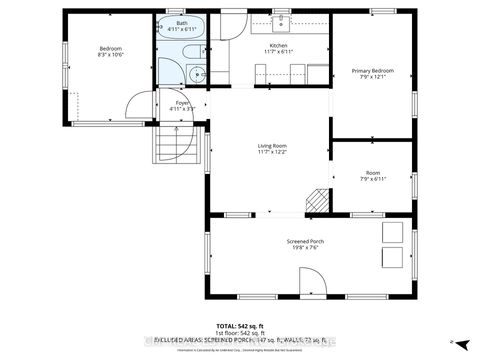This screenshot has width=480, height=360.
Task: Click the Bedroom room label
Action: coord(109,49)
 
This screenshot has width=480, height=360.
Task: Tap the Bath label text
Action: coord(181,22)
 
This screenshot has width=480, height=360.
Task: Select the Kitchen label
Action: coord(278,46)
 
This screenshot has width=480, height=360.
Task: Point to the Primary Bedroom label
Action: coord(371,71)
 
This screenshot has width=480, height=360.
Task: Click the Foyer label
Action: coord(183,102)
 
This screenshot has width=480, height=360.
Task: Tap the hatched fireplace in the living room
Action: coord(317,199)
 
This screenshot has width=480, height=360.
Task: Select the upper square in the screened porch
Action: coord(392,235)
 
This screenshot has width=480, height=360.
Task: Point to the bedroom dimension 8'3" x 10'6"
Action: coord(109,56)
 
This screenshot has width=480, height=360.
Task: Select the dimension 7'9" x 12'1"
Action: coord(371,78)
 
